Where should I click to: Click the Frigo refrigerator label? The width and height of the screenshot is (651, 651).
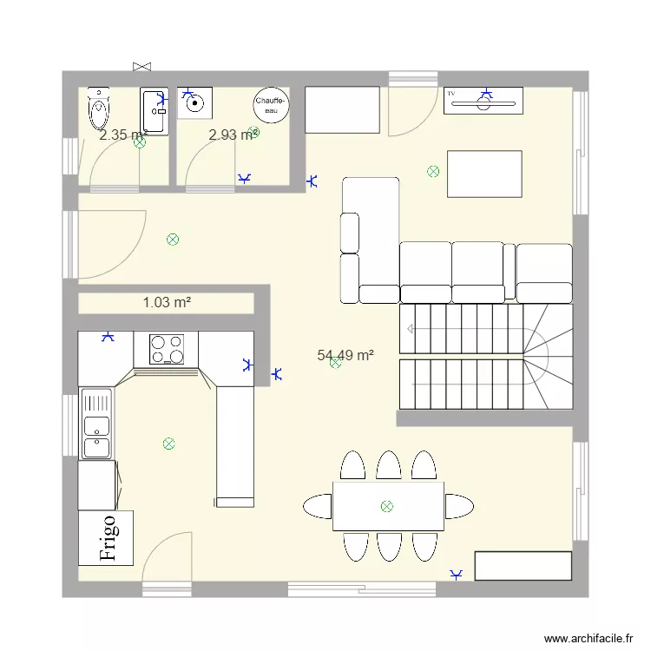107,537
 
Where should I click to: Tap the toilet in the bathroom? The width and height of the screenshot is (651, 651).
98,111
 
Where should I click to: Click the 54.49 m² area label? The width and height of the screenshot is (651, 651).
345,354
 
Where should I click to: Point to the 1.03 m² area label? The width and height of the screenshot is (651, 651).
167,302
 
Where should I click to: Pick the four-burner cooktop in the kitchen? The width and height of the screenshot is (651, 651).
167,349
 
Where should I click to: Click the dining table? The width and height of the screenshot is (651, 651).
388,506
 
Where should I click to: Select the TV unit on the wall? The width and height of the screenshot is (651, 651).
483,101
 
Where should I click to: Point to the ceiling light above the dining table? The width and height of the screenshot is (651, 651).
386,506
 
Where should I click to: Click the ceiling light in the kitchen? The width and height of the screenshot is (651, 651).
168,444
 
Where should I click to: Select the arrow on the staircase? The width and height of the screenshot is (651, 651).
411,328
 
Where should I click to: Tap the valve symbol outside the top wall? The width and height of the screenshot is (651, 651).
142,65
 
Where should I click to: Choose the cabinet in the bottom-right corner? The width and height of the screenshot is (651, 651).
523,565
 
